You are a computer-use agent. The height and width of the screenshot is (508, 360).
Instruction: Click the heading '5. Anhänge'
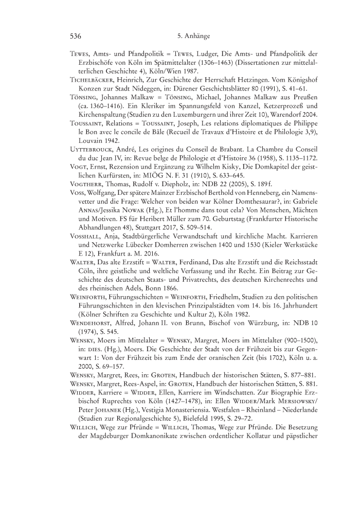pos(193,36)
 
